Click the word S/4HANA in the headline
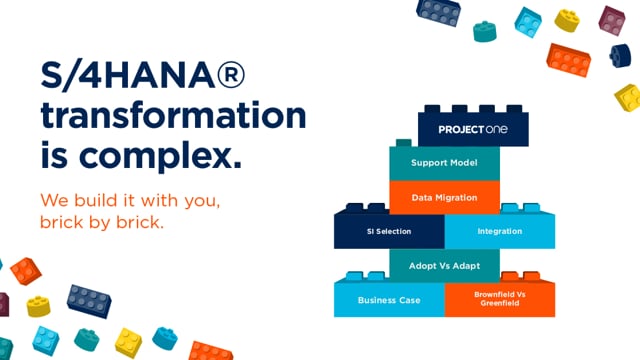coord(128,76)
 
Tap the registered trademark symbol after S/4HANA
coord(231,75)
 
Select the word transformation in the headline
coord(173,116)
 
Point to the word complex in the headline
coord(160,156)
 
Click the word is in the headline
coord(54,154)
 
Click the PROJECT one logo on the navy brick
coord(473,129)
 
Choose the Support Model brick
coord(444,163)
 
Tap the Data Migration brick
coord(444,198)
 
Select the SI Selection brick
coord(389,231)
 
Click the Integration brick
coord(500,231)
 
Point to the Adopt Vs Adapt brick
coord(444,266)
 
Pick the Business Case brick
coord(389,299)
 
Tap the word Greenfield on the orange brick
coord(500,303)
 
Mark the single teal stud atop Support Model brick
coord(404,142)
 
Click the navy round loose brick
coord(620,56)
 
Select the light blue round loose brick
coord(165,338)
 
